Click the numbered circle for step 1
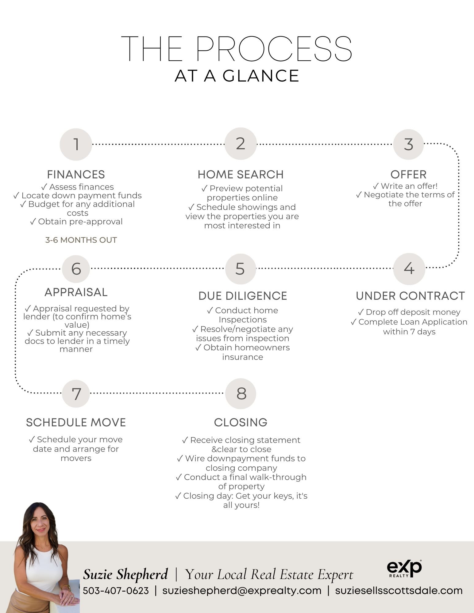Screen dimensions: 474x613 [76, 144]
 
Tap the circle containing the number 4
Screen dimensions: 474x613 [409, 268]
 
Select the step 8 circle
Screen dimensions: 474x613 [241, 394]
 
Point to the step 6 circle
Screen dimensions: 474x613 [76, 269]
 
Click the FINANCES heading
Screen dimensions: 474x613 [76, 174]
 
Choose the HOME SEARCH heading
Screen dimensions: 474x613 [241, 174]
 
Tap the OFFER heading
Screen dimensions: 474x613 [408, 174]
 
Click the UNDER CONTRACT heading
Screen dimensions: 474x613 [410, 296]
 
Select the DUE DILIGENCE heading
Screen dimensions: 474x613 [243, 296]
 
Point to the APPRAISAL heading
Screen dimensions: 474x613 [76, 292]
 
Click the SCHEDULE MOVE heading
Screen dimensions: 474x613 [76, 422]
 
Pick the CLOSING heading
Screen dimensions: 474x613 [241, 422]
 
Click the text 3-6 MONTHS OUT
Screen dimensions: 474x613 [81, 240]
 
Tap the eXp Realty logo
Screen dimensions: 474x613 [404, 569]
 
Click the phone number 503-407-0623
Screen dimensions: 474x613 [116, 591]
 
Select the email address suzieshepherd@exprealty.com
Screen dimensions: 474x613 [242, 591]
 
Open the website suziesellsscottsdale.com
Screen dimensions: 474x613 [399, 591]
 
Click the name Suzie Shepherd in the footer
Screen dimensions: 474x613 [125, 574]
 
